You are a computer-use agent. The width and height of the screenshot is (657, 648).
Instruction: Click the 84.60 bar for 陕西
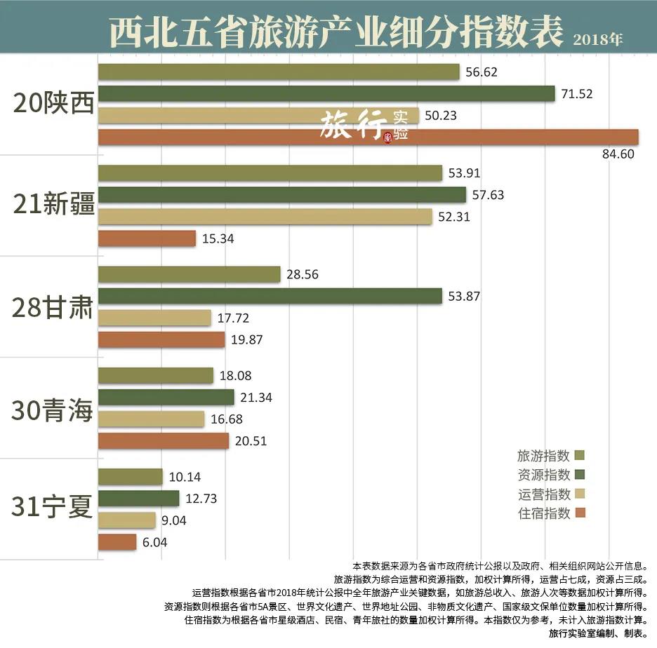[x=368, y=137]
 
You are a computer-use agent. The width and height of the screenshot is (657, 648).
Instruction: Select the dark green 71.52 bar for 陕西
[x=326, y=94]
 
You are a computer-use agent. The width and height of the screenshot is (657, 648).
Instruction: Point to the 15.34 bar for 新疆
[x=147, y=238]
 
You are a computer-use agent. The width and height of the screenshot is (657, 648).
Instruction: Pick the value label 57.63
[x=488, y=195]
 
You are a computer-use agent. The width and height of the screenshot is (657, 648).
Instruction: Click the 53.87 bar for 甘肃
[x=270, y=296]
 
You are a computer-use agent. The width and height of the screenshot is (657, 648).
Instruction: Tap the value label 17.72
[x=234, y=318]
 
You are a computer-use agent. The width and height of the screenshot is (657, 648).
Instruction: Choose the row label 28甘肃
[x=53, y=307]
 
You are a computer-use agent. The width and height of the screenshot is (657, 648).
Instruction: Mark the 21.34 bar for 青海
[x=166, y=398]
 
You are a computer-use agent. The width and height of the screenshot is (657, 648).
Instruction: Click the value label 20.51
[x=252, y=441]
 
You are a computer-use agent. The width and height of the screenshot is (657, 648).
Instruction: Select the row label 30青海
[x=53, y=410]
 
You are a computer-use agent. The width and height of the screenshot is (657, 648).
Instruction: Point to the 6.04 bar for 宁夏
[x=117, y=542]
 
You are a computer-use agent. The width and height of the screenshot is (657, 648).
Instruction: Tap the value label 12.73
[x=203, y=499]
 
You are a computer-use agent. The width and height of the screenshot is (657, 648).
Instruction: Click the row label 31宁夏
[x=53, y=508]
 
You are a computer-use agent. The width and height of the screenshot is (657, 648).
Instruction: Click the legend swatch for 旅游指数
[x=579, y=455]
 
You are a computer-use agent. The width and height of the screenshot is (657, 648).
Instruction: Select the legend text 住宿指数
[x=543, y=513]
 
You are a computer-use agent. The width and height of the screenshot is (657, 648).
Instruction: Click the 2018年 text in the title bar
[x=597, y=40]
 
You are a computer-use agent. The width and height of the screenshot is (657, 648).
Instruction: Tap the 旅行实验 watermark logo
[x=364, y=126]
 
